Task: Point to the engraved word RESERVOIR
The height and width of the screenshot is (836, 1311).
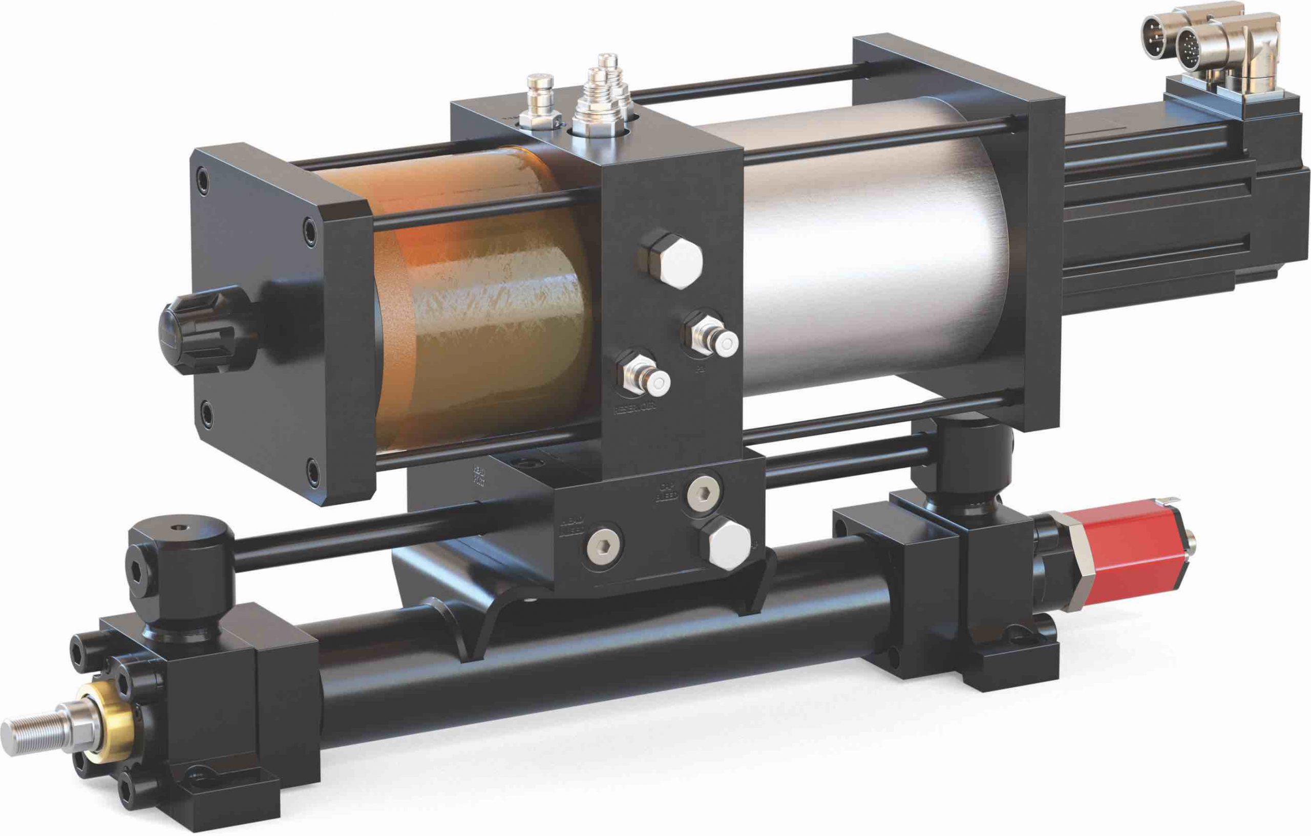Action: pyautogui.click(x=635, y=409)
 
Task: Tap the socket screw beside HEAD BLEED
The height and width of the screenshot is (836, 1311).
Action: pyautogui.click(x=603, y=542)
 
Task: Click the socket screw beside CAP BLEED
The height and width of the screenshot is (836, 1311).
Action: pyautogui.click(x=702, y=492)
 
